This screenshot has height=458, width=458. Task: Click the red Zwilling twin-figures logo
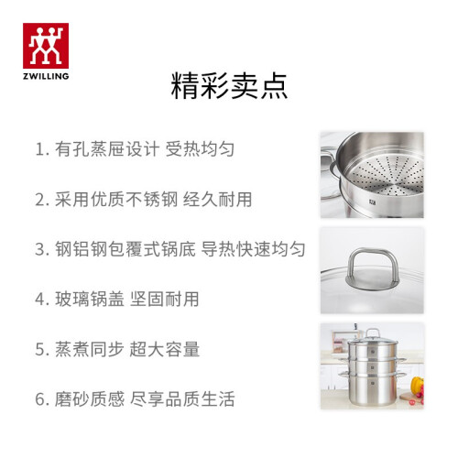[x=46, y=46]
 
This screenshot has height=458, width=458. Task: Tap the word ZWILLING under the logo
[x=46, y=76]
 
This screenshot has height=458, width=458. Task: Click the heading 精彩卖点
[x=229, y=86]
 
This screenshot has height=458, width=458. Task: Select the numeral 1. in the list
[x=42, y=149]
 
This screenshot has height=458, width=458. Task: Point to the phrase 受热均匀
[x=200, y=149]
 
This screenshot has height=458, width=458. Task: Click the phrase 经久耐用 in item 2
[x=217, y=200]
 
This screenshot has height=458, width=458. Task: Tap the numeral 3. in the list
[x=42, y=249]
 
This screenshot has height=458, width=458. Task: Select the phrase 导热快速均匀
[x=253, y=249]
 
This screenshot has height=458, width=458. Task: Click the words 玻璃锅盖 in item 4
[x=90, y=299]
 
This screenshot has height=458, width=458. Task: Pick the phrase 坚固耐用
[x=165, y=299]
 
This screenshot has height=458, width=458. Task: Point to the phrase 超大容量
[x=165, y=349]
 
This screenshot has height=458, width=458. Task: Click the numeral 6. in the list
[x=42, y=399]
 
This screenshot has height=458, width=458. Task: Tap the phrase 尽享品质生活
[x=182, y=398]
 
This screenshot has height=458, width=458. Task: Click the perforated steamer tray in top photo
[x=387, y=175]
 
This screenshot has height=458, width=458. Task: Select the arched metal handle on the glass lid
[x=373, y=264]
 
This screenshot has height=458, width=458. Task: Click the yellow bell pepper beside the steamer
[x=417, y=386]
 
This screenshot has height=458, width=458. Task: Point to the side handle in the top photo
[x=329, y=162]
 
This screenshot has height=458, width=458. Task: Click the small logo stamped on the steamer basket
[x=373, y=202]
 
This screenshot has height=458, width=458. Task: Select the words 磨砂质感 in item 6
[x=90, y=398]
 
